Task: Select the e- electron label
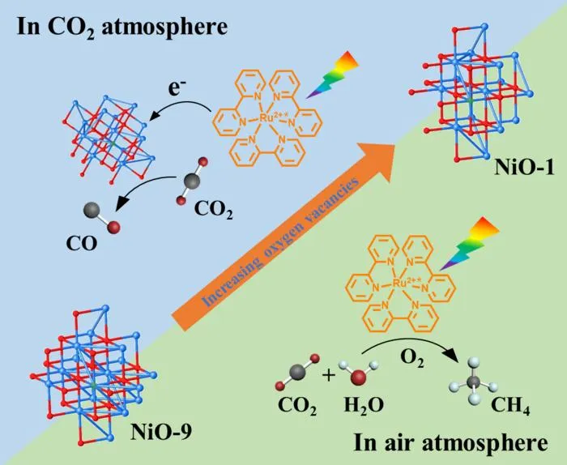coord(175,88)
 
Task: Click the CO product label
coord(82,244)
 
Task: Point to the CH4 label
coord(510,406)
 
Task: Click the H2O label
coord(364,405)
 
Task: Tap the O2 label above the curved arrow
coord(412,359)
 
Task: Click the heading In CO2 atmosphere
coord(122,28)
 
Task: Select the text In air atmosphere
coord(450,442)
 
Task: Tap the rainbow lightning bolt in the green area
coord(469,244)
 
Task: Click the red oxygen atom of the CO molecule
coord(114,227)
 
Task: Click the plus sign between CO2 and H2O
coord(329,375)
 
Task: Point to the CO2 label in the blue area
coord(213,209)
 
